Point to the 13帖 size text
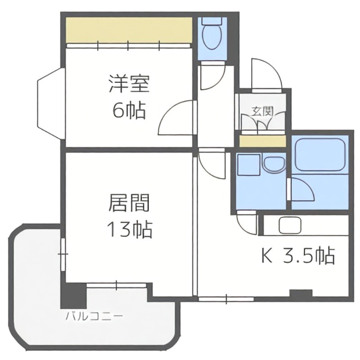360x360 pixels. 129,230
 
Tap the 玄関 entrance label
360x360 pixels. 262,112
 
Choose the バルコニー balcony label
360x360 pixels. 94,316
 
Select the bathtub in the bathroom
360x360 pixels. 319,155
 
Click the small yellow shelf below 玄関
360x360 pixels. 262,141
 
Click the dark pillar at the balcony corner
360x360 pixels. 73,296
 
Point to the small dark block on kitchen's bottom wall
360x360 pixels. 301,293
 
